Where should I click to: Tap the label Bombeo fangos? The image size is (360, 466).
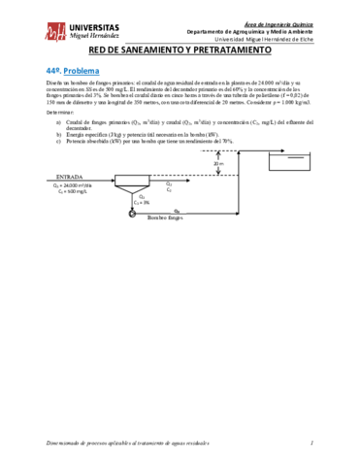165,216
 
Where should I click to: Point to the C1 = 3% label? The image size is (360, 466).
144,201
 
